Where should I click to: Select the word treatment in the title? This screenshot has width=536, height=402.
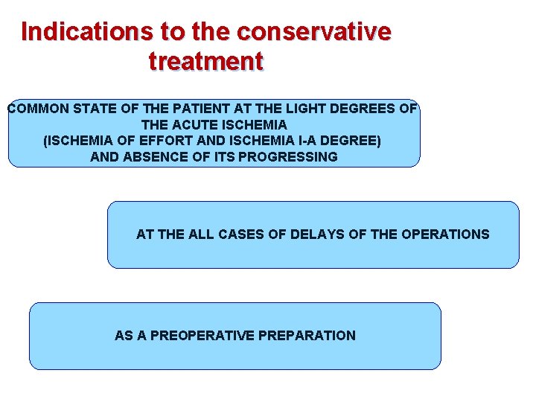click(206, 60)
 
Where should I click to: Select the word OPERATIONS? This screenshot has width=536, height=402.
click(445, 234)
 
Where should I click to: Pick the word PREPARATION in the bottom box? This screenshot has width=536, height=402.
click(307, 336)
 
